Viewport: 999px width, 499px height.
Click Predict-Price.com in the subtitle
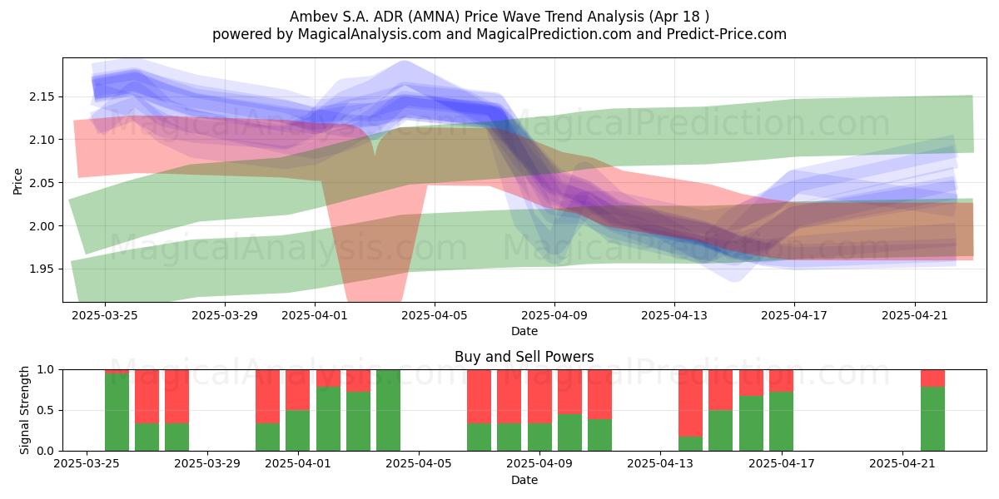(x=727, y=34)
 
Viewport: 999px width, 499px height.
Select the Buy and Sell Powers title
(x=524, y=357)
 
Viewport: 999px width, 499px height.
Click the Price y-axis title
(x=17, y=181)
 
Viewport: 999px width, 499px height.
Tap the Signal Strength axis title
(x=24, y=410)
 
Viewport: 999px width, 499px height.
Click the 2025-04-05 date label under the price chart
(x=435, y=315)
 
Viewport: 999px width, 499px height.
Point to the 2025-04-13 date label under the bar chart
(x=660, y=463)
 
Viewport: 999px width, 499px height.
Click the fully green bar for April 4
(x=389, y=410)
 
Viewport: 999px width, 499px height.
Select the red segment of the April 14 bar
(x=690, y=403)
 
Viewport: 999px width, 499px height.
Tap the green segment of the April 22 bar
(x=933, y=419)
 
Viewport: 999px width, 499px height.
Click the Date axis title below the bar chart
(x=524, y=480)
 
